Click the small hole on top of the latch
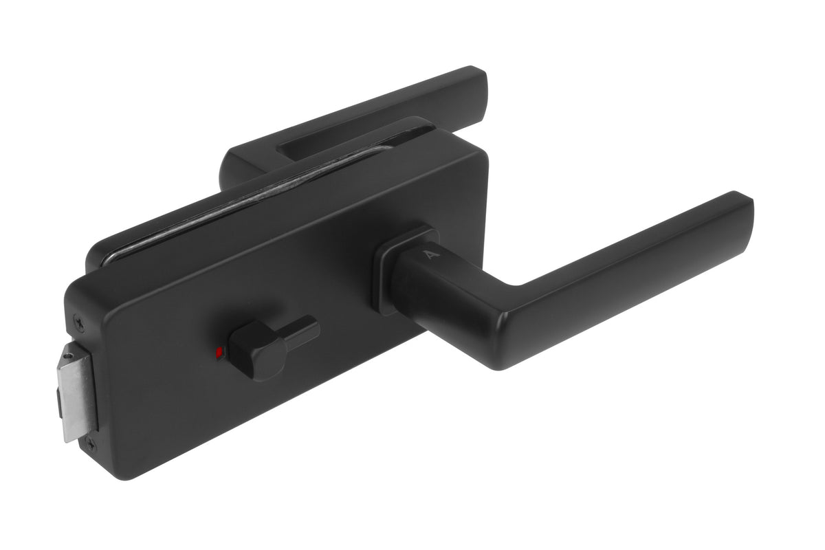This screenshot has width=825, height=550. [x=69, y=355]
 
